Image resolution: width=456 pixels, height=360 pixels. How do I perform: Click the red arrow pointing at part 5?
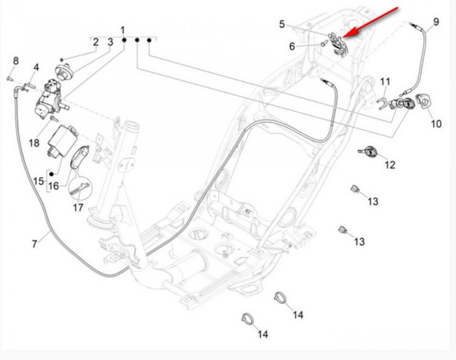[373, 21]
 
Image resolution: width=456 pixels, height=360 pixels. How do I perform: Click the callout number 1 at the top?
[123, 30]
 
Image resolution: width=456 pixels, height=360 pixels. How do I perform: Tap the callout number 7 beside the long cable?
[34, 244]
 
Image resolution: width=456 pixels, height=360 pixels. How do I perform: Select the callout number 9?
[436, 22]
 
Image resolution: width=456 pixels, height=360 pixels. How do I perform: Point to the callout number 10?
[436, 124]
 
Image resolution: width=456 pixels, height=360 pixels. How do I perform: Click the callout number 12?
[389, 165]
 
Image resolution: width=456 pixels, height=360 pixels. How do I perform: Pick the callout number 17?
[78, 208]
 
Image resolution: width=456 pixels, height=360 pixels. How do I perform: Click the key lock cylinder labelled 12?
[367, 152]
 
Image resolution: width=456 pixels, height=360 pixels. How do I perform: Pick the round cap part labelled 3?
[65, 71]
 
